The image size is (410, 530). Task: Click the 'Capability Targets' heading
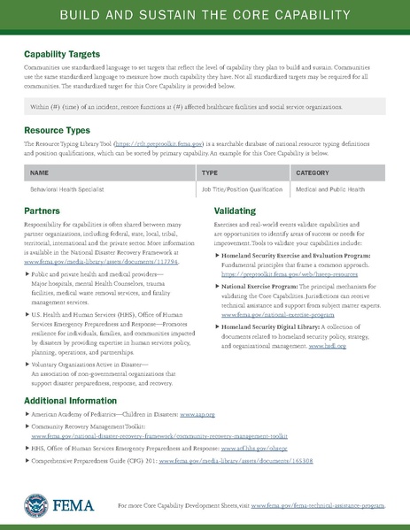[x=62, y=55]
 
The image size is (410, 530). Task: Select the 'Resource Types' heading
[x=57, y=130]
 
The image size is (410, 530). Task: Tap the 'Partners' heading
[x=43, y=212]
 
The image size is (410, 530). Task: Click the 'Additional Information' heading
[x=69, y=402]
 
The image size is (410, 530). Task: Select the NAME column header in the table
[x=39, y=173]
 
